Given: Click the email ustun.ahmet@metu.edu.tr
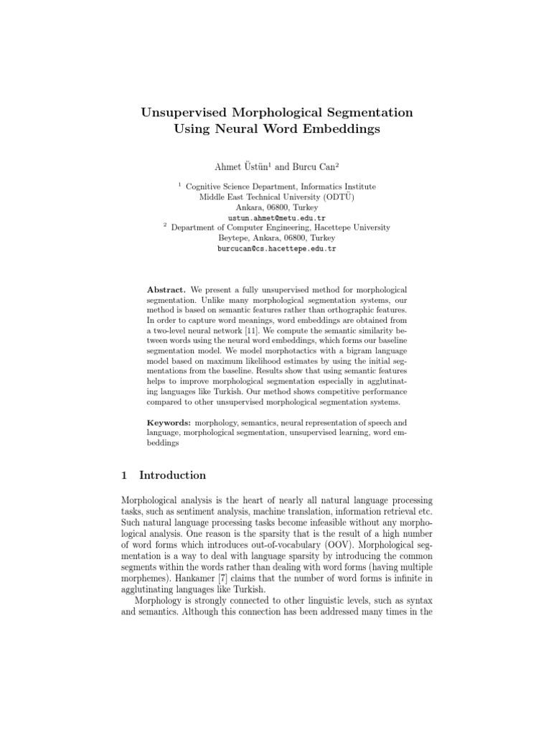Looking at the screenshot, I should coord(276,217).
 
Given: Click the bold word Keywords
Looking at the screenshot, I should coord(169,423).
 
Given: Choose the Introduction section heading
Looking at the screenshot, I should coord(172,475).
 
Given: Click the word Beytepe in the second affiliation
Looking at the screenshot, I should coord(234,238).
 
